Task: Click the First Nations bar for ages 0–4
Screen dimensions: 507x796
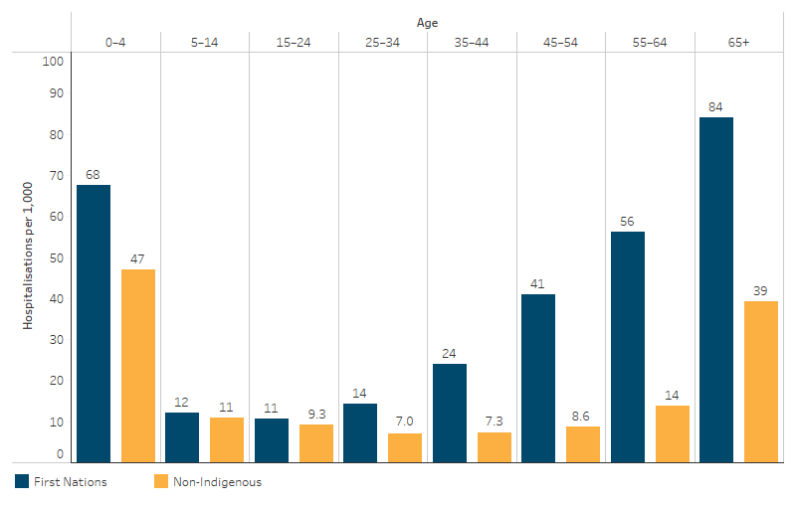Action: [x=94, y=323]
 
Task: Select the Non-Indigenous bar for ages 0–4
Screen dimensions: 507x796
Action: [x=138, y=365]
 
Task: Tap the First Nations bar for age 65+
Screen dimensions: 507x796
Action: [x=716, y=289]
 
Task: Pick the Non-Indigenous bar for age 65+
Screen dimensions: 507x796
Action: [x=760, y=381]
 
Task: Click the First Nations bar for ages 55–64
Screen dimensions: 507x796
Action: [x=627, y=346]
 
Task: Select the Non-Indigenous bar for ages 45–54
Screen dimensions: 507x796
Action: [x=583, y=443]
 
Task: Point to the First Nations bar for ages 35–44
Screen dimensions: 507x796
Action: [x=450, y=412]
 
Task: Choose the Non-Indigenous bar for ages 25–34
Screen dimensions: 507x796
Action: [x=405, y=446]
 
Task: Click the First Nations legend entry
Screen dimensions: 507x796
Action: [x=61, y=482]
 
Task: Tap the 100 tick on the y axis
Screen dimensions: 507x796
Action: [x=54, y=62]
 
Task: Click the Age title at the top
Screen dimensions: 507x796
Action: [x=427, y=23]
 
